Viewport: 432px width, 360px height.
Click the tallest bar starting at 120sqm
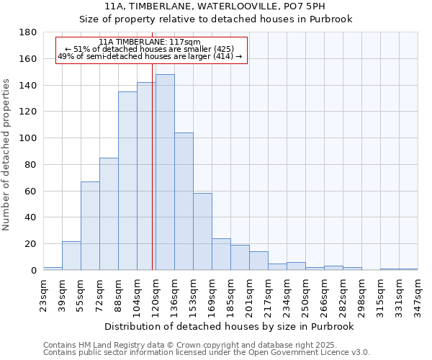[x=165, y=173]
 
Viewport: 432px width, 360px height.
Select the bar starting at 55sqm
[x=90, y=226]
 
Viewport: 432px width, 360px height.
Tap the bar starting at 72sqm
[x=109, y=214]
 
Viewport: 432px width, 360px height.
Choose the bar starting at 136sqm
[x=184, y=202]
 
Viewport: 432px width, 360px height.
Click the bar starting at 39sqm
[x=71, y=256]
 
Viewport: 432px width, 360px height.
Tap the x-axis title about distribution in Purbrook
[x=230, y=326]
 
